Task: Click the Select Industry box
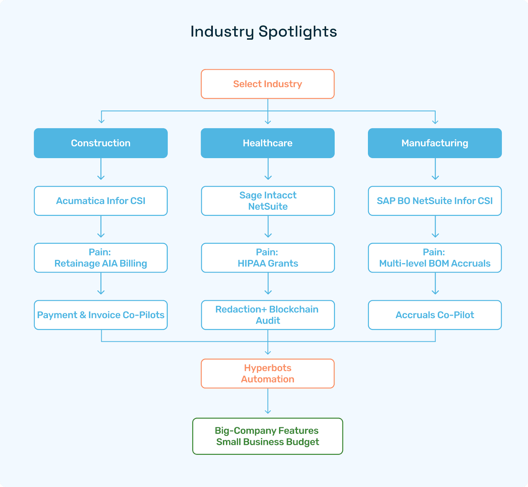click(267, 84)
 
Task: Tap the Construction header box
click(101, 143)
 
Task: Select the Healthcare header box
click(267, 143)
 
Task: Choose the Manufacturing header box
click(435, 143)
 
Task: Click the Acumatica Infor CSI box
click(101, 201)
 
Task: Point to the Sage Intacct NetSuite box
click(268, 201)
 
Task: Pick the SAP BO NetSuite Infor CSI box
click(435, 201)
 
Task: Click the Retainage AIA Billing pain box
click(101, 258)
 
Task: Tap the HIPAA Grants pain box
click(268, 258)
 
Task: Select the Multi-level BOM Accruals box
click(435, 258)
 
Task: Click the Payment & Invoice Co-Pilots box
click(101, 315)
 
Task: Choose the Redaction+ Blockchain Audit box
click(268, 315)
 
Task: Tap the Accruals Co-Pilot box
click(435, 315)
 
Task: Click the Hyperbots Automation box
click(267, 373)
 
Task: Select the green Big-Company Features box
click(267, 436)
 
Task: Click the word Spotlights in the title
click(297, 32)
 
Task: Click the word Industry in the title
click(222, 32)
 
